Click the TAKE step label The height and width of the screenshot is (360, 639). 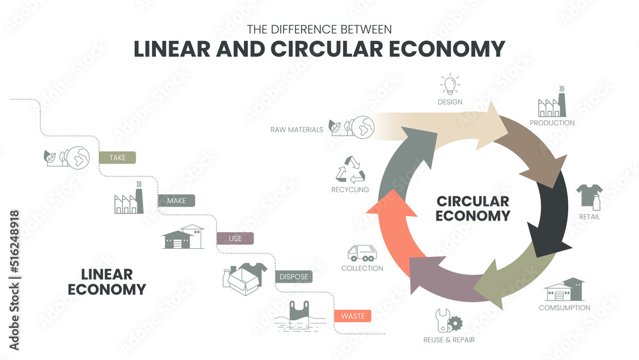click(118, 157)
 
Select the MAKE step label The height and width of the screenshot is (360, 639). click(176, 201)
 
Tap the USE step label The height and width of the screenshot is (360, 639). click(235, 239)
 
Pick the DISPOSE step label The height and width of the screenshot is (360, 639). click(293, 277)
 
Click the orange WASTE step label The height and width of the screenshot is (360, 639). click(352, 315)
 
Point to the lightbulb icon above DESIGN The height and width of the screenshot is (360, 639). click(450, 84)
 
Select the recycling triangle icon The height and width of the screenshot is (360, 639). click(350, 170)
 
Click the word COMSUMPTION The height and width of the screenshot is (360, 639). click(565, 308)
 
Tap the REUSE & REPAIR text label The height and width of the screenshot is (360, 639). click(449, 340)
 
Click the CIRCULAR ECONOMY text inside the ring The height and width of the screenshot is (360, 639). click(473, 208)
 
